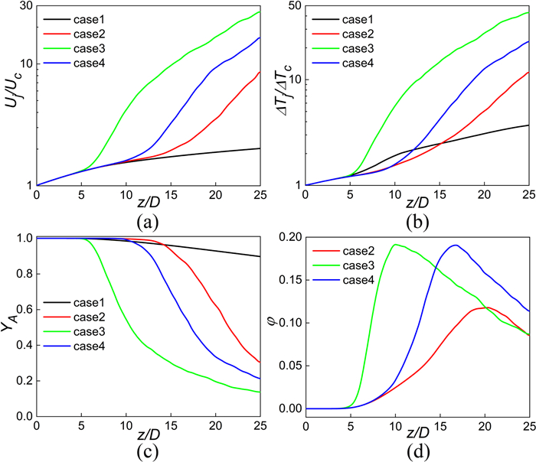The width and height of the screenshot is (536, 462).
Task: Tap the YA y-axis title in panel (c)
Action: (x=8, y=327)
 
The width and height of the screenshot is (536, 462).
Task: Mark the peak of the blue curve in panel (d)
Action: (x=456, y=246)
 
